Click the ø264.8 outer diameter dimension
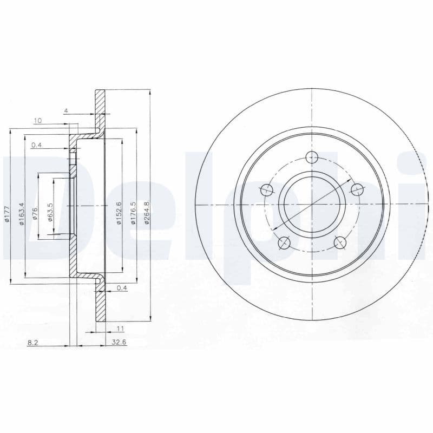click(x=146, y=206)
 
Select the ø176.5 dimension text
click(x=132, y=206)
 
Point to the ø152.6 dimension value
click(x=117, y=206)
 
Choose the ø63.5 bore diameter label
click(x=49, y=210)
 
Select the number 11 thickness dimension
click(x=120, y=328)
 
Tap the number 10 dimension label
click(x=38, y=121)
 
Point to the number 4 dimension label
click(x=65, y=111)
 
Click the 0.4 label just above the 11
click(x=122, y=288)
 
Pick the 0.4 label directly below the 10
click(x=37, y=145)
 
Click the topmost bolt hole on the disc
click(x=312, y=158)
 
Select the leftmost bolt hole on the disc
click(x=267, y=190)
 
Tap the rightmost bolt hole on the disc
click(x=357, y=189)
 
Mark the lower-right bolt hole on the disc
click(x=340, y=242)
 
